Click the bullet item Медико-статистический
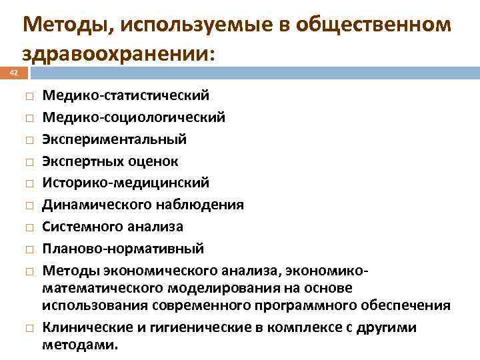(126, 96)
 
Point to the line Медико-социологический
(134, 117)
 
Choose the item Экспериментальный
(115, 139)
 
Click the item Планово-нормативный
(123, 249)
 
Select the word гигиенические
(180, 327)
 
